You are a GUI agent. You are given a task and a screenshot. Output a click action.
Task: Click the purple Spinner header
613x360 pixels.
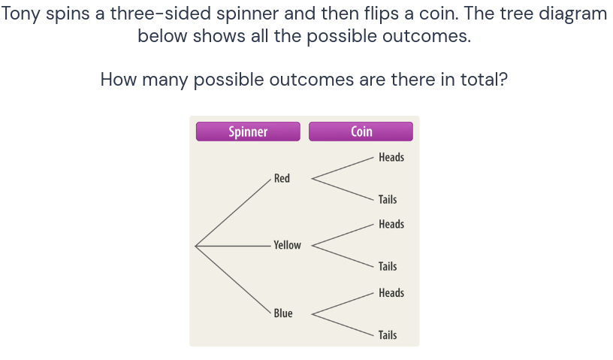(x=248, y=132)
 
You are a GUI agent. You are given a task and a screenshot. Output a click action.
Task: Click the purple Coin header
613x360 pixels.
(x=361, y=132)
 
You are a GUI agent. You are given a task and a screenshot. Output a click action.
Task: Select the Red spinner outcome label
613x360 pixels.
(x=282, y=178)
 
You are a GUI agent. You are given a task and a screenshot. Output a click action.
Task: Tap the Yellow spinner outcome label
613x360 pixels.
(x=287, y=245)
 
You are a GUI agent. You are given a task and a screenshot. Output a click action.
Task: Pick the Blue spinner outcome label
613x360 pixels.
(x=283, y=313)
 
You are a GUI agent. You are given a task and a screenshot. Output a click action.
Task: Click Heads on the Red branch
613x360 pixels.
(x=391, y=157)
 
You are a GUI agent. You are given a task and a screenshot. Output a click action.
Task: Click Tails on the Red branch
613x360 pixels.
(x=388, y=199)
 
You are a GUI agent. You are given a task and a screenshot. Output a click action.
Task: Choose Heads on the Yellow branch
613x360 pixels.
(x=391, y=224)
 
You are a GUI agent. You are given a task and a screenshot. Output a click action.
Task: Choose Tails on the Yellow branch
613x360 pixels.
(x=388, y=266)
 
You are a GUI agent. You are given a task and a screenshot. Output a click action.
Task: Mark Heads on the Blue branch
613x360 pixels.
(x=391, y=293)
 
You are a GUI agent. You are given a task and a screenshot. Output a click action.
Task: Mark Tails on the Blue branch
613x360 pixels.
(x=388, y=335)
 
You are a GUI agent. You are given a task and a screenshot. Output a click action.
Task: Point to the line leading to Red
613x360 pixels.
(x=233, y=212)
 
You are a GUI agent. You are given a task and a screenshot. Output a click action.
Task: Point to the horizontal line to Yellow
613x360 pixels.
(x=233, y=245)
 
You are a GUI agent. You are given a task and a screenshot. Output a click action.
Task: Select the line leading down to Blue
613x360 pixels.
(x=233, y=279)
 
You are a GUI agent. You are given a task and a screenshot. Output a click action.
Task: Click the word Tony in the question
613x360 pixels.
(x=21, y=14)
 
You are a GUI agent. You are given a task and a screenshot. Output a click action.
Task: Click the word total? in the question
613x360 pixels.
(x=482, y=79)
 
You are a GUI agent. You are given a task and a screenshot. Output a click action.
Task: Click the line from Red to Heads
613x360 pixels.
(x=343, y=168)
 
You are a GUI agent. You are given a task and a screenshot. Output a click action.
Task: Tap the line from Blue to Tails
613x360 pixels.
(x=343, y=325)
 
